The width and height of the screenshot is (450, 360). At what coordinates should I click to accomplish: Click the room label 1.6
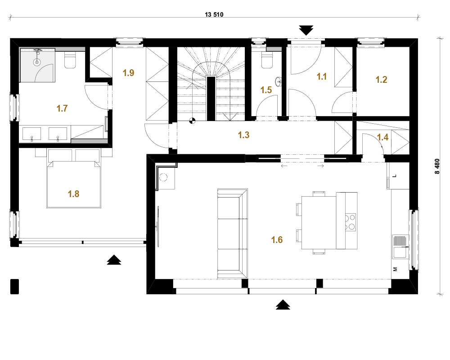277,240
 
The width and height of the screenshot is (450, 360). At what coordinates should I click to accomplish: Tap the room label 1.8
73,194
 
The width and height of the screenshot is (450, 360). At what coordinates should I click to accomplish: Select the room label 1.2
382,80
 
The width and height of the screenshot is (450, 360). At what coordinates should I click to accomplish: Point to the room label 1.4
383,137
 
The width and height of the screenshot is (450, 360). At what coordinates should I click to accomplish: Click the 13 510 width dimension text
214,14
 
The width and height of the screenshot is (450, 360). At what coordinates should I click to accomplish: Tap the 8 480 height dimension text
437,166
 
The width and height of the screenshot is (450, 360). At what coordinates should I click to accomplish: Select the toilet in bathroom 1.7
70,60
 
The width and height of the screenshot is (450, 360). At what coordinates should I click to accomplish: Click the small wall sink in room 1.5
279,82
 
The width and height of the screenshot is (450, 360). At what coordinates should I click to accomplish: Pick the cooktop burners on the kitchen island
350,222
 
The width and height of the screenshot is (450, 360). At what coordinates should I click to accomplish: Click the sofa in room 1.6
233,234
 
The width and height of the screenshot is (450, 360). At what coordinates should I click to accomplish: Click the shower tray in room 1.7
37,65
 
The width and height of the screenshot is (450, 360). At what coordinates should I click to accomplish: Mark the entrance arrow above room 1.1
306,30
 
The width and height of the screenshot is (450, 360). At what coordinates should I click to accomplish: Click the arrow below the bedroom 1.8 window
114,260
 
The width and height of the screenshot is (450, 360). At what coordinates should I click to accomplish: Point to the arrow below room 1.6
283,305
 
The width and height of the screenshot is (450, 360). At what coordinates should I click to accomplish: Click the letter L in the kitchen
395,175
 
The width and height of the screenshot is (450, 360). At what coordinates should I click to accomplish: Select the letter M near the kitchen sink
395,269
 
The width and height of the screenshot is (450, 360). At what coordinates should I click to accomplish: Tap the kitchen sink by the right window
400,247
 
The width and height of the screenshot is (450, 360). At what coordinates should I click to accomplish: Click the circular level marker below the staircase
192,121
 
